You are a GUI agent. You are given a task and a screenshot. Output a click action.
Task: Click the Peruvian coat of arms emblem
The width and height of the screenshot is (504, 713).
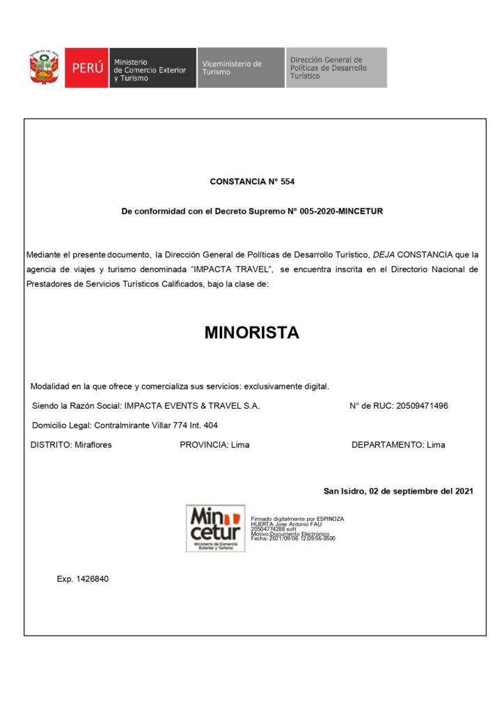(44, 67)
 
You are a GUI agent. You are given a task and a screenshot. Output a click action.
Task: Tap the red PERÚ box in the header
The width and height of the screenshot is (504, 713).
(86, 68)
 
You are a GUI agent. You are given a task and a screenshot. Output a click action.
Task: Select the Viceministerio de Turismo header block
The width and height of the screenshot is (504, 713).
(240, 68)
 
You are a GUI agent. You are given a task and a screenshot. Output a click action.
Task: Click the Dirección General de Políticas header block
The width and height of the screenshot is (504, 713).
(336, 68)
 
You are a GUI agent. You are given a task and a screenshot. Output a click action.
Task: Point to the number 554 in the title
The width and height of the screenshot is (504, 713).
(288, 182)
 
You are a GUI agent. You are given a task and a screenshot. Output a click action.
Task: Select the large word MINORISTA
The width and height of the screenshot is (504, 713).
(252, 333)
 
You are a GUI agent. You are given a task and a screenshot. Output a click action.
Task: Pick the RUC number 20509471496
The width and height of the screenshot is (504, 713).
(422, 406)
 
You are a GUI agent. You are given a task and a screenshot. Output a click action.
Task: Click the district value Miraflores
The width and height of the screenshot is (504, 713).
(93, 445)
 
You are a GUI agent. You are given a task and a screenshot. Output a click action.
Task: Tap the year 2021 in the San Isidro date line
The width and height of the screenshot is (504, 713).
(464, 491)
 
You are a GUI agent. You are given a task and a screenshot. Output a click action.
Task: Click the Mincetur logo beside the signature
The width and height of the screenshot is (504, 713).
(216, 528)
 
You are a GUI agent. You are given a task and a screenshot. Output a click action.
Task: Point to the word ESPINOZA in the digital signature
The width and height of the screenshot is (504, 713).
(330, 519)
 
